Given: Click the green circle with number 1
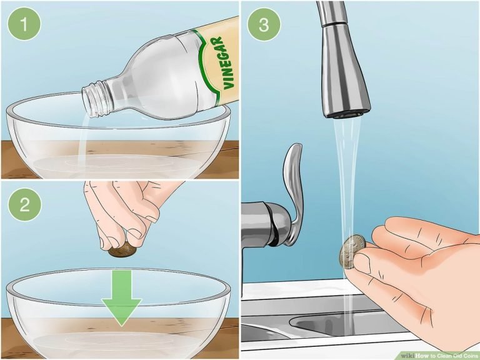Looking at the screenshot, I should (24, 26).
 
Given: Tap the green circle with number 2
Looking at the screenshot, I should (24, 206).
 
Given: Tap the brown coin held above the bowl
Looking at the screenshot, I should (123, 250).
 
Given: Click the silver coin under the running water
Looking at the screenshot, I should (352, 251).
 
